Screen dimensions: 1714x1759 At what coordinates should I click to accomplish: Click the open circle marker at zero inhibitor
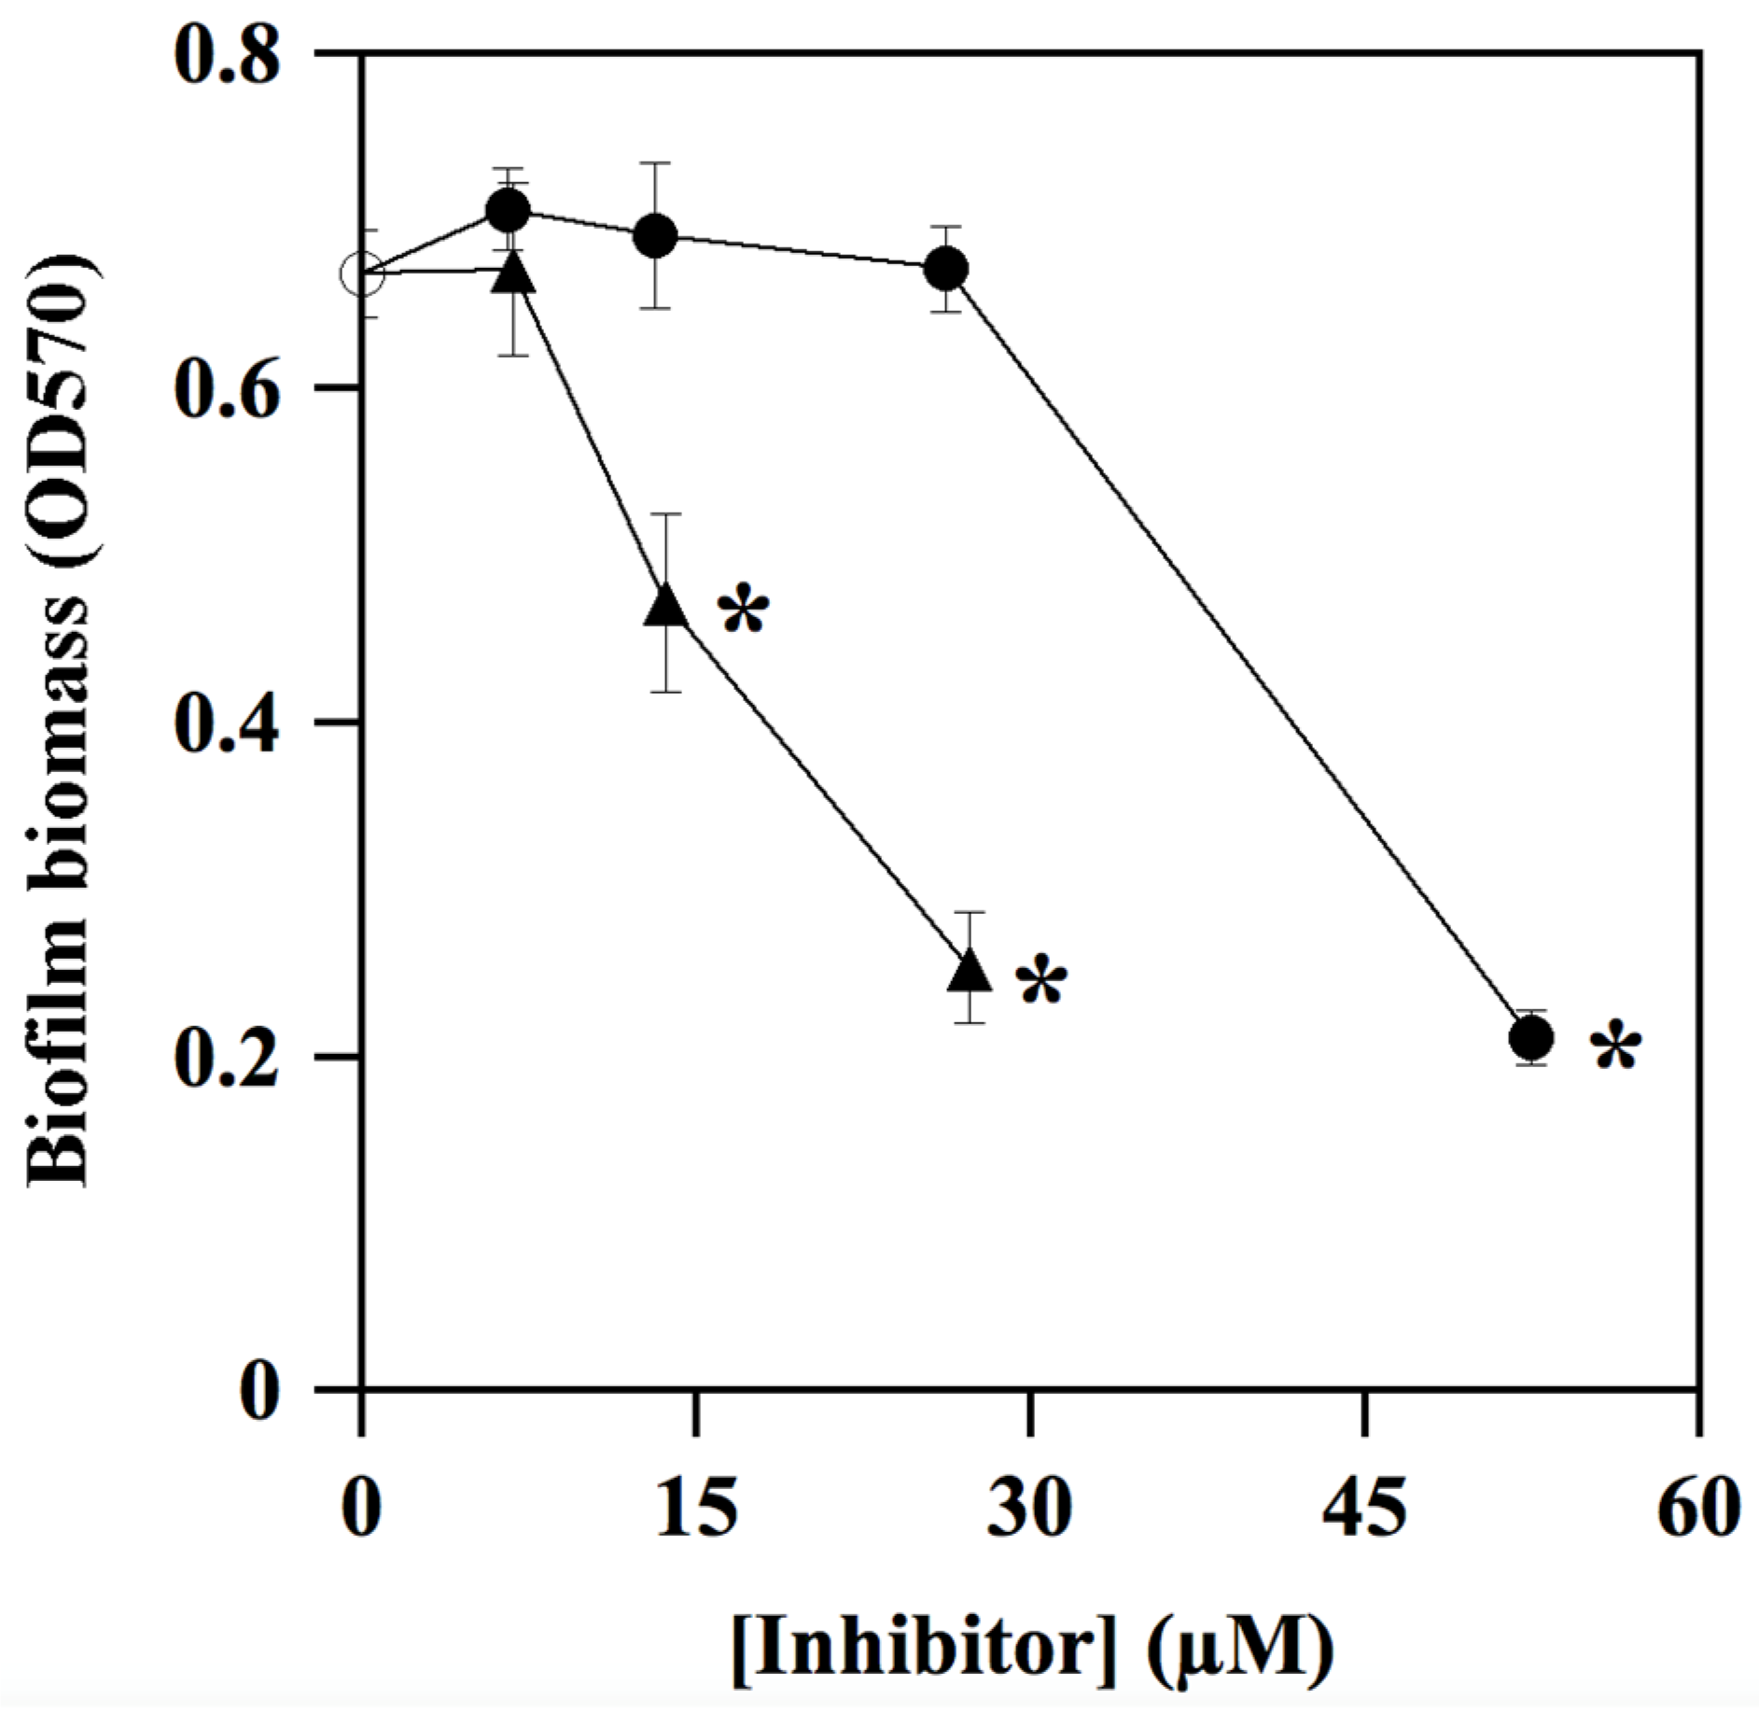point(361,274)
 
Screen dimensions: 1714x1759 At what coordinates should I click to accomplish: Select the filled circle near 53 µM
point(1531,1036)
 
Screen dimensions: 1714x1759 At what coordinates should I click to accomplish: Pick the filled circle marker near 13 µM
point(655,235)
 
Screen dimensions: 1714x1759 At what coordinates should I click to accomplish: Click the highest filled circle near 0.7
point(509,211)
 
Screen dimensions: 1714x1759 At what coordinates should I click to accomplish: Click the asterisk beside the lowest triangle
point(1040,982)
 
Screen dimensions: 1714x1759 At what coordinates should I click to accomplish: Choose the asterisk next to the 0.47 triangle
point(743,612)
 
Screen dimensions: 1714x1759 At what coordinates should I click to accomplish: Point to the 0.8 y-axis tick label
point(226,56)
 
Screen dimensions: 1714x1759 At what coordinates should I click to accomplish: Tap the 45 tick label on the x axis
point(1363,1510)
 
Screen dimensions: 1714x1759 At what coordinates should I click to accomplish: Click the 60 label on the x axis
point(1697,1510)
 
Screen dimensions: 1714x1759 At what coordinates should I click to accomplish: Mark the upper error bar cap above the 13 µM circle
point(655,162)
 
